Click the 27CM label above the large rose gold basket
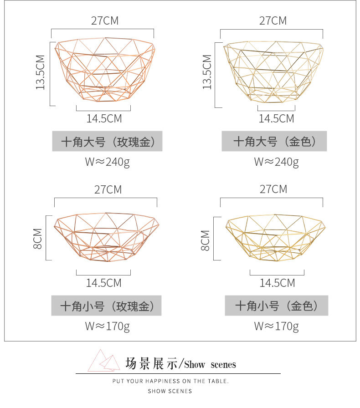tap(105, 21)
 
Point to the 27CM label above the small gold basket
tap(273, 189)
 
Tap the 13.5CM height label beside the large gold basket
tap(207, 72)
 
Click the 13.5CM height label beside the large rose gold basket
tap(41, 72)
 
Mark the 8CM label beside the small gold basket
tap(206, 240)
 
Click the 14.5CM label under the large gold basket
tap(277, 119)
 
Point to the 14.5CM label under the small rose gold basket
tap(104, 283)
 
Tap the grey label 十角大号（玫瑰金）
tap(107, 142)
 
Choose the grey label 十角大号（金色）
tap(274, 142)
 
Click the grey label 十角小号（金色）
tap(276, 306)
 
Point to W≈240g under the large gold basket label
tap(276, 162)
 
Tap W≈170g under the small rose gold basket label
tap(107, 326)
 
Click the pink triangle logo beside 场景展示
tap(104, 360)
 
